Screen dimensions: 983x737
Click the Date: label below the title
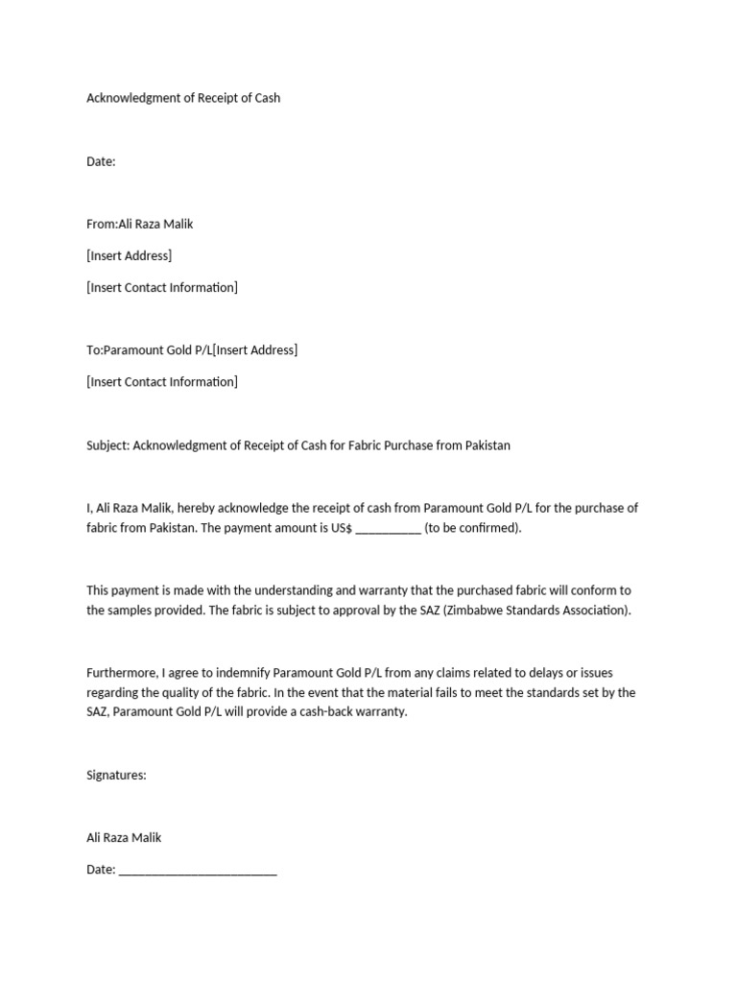coord(101,161)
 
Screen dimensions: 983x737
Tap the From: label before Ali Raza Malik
coord(102,224)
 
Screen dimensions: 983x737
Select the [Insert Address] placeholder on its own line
coord(130,255)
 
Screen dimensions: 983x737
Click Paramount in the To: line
coord(139,349)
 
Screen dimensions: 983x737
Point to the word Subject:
coord(107,444)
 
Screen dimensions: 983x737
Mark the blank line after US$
coord(388,530)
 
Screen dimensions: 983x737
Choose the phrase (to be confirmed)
coord(473,528)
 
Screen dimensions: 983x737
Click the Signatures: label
coord(116,775)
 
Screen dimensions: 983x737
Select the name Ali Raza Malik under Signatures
coord(124,837)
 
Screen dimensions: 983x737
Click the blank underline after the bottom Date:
coord(198,871)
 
